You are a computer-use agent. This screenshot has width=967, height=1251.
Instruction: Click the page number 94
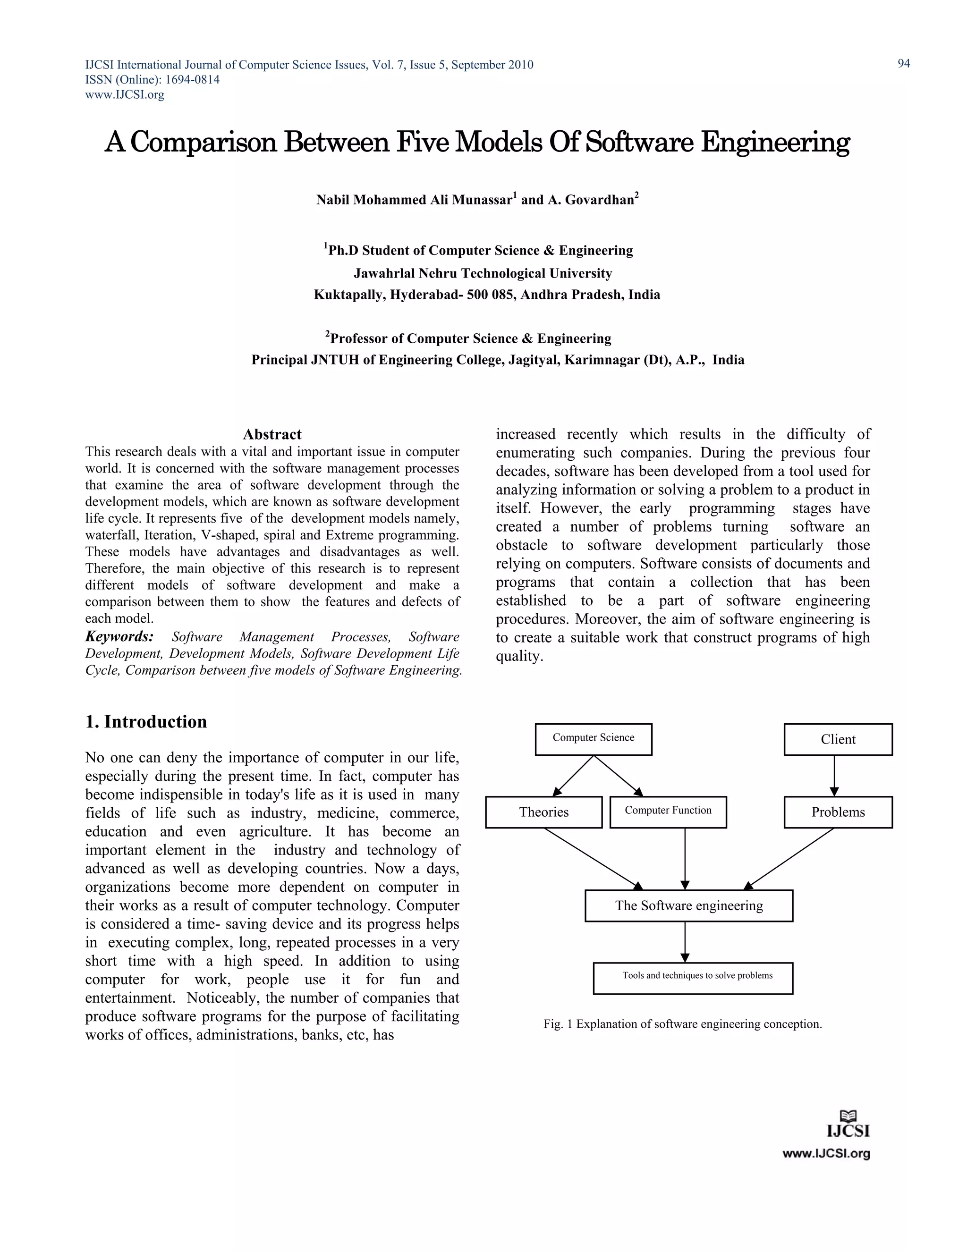(x=903, y=64)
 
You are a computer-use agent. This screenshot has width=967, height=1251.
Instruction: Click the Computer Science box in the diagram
(x=593, y=739)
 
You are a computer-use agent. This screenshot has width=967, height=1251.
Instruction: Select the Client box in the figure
(x=838, y=739)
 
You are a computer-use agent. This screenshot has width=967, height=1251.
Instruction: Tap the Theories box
(x=543, y=811)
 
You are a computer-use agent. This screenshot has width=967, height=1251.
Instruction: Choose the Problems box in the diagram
(x=838, y=811)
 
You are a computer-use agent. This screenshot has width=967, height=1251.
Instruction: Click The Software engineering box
(x=688, y=905)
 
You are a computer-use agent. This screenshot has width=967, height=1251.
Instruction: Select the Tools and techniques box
(x=693, y=978)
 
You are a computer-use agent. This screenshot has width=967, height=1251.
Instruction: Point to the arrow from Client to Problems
(x=834, y=776)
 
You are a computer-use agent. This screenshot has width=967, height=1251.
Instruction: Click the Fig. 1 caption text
(x=682, y=1023)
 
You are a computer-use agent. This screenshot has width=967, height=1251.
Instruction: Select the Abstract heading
(x=272, y=434)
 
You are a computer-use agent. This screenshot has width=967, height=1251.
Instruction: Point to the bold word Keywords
(x=119, y=636)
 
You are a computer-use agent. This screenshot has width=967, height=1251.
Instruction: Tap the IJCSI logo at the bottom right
(x=848, y=1130)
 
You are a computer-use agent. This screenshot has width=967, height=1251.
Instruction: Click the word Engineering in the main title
(x=775, y=142)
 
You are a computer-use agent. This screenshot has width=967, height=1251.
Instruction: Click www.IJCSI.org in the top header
(x=125, y=94)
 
